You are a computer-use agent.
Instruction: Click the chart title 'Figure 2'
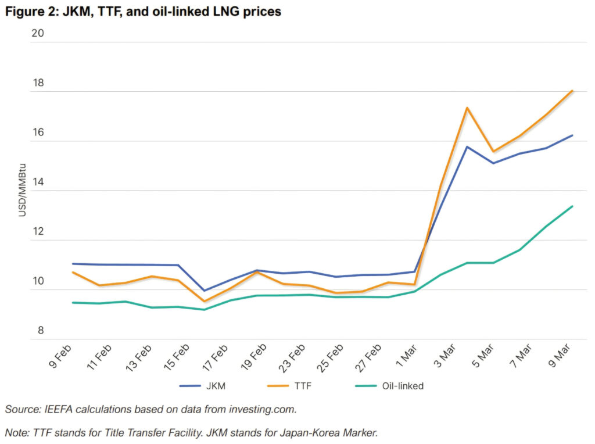click(143, 11)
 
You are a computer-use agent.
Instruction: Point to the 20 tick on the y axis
click(38, 33)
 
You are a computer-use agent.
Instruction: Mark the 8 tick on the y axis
click(40, 331)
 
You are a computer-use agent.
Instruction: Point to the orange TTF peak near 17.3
click(467, 108)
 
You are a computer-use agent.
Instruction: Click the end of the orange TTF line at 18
click(572, 91)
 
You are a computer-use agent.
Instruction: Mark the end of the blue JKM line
click(572, 135)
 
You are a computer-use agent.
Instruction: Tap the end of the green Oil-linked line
click(572, 206)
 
